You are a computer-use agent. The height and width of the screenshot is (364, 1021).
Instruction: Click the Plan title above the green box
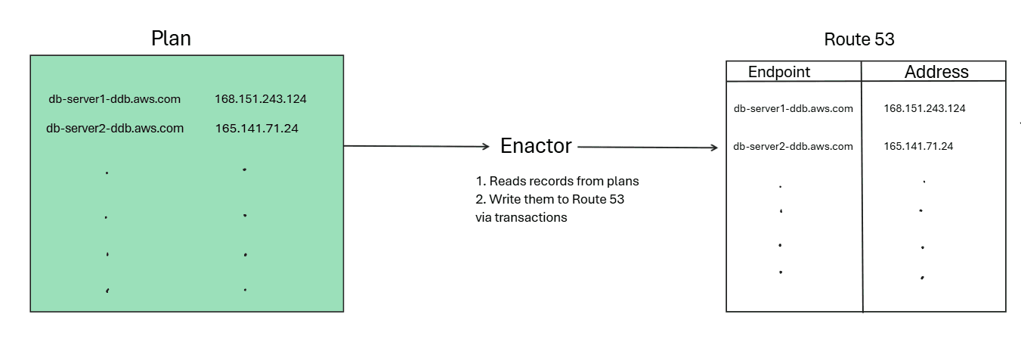[x=171, y=39]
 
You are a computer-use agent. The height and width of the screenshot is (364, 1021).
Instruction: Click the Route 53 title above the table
[x=859, y=40]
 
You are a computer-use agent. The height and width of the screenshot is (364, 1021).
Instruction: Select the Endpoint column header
[x=778, y=72]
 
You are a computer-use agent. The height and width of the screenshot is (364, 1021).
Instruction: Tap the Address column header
[x=936, y=72]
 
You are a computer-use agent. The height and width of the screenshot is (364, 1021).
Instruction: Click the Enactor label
[x=536, y=146]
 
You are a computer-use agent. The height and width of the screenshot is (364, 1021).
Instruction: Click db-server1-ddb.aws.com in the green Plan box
[x=114, y=99]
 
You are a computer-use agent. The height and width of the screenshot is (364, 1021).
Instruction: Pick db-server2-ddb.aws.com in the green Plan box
[x=114, y=129]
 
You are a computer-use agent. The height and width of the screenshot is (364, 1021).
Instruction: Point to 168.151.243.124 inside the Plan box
[x=261, y=99]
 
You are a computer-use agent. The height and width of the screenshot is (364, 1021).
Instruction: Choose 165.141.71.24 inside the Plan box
[x=256, y=129]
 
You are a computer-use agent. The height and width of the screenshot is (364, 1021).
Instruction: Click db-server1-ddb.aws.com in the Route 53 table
[x=793, y=109]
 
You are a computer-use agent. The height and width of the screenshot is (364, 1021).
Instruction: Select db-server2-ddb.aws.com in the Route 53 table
[x=793, y=147]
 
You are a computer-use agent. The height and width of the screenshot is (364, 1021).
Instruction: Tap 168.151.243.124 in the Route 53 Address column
[x=924, y=109]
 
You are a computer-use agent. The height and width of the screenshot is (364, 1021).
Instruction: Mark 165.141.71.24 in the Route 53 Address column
[x=918, y=147]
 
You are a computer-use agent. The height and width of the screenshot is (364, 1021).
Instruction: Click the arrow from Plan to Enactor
[x=416, y=146]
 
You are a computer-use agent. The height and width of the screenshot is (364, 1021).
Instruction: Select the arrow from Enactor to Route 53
[x=646, y=148]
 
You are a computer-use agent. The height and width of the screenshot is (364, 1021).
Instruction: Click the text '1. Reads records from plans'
[x=558, y=182]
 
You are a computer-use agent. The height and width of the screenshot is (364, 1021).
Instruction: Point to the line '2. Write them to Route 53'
[x=549, y=200]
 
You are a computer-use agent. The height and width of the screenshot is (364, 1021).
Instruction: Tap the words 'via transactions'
[x=521, y=218]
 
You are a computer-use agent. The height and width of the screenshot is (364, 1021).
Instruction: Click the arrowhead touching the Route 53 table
[x=713, y=148]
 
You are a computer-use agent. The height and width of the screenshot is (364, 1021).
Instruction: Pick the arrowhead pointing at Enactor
[x=485, y=147]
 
